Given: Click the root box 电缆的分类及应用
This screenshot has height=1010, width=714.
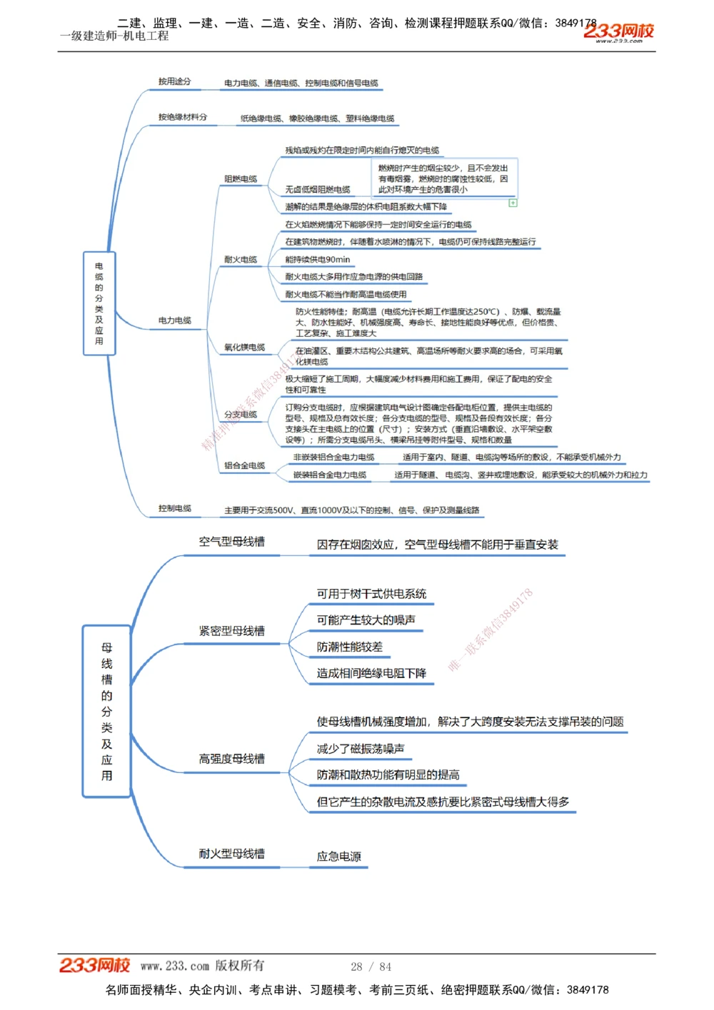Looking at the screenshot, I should click(99, 303).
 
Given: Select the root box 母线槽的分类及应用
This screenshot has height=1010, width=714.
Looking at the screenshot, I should click(106, 711).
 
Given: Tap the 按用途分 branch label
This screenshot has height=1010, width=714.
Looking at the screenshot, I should click(175, 82).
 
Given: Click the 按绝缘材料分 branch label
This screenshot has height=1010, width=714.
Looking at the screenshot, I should click(183, 117).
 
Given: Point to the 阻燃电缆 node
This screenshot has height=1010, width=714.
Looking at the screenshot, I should click(241, 179).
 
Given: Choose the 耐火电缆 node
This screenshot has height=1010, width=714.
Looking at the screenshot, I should click(241, 260).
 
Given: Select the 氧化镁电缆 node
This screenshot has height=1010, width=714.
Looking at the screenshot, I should click(244, 348).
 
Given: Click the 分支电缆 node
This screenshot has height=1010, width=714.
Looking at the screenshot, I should click(241, 415).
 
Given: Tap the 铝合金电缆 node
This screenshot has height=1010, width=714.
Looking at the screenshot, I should click(244, 465).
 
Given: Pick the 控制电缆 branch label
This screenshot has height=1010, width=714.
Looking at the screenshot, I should click(175, 508).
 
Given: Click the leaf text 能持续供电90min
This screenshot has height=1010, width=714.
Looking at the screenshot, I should click(318, 260).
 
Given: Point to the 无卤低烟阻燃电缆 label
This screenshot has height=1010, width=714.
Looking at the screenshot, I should click(318, 190).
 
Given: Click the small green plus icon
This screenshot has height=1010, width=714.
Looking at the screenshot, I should click(513, 203).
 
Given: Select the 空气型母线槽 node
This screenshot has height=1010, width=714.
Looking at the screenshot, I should click(232, 542).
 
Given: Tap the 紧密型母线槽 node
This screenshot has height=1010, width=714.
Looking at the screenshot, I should click(232, 631).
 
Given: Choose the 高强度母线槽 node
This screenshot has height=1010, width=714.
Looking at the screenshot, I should click(232, 759).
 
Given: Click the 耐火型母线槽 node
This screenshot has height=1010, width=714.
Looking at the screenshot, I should click(232, 854).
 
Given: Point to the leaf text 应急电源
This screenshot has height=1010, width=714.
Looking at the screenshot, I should click(339, 857).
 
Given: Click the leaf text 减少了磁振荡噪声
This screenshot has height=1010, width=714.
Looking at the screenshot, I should click(361, 749).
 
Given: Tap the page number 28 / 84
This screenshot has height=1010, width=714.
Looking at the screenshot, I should click(371, 966).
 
